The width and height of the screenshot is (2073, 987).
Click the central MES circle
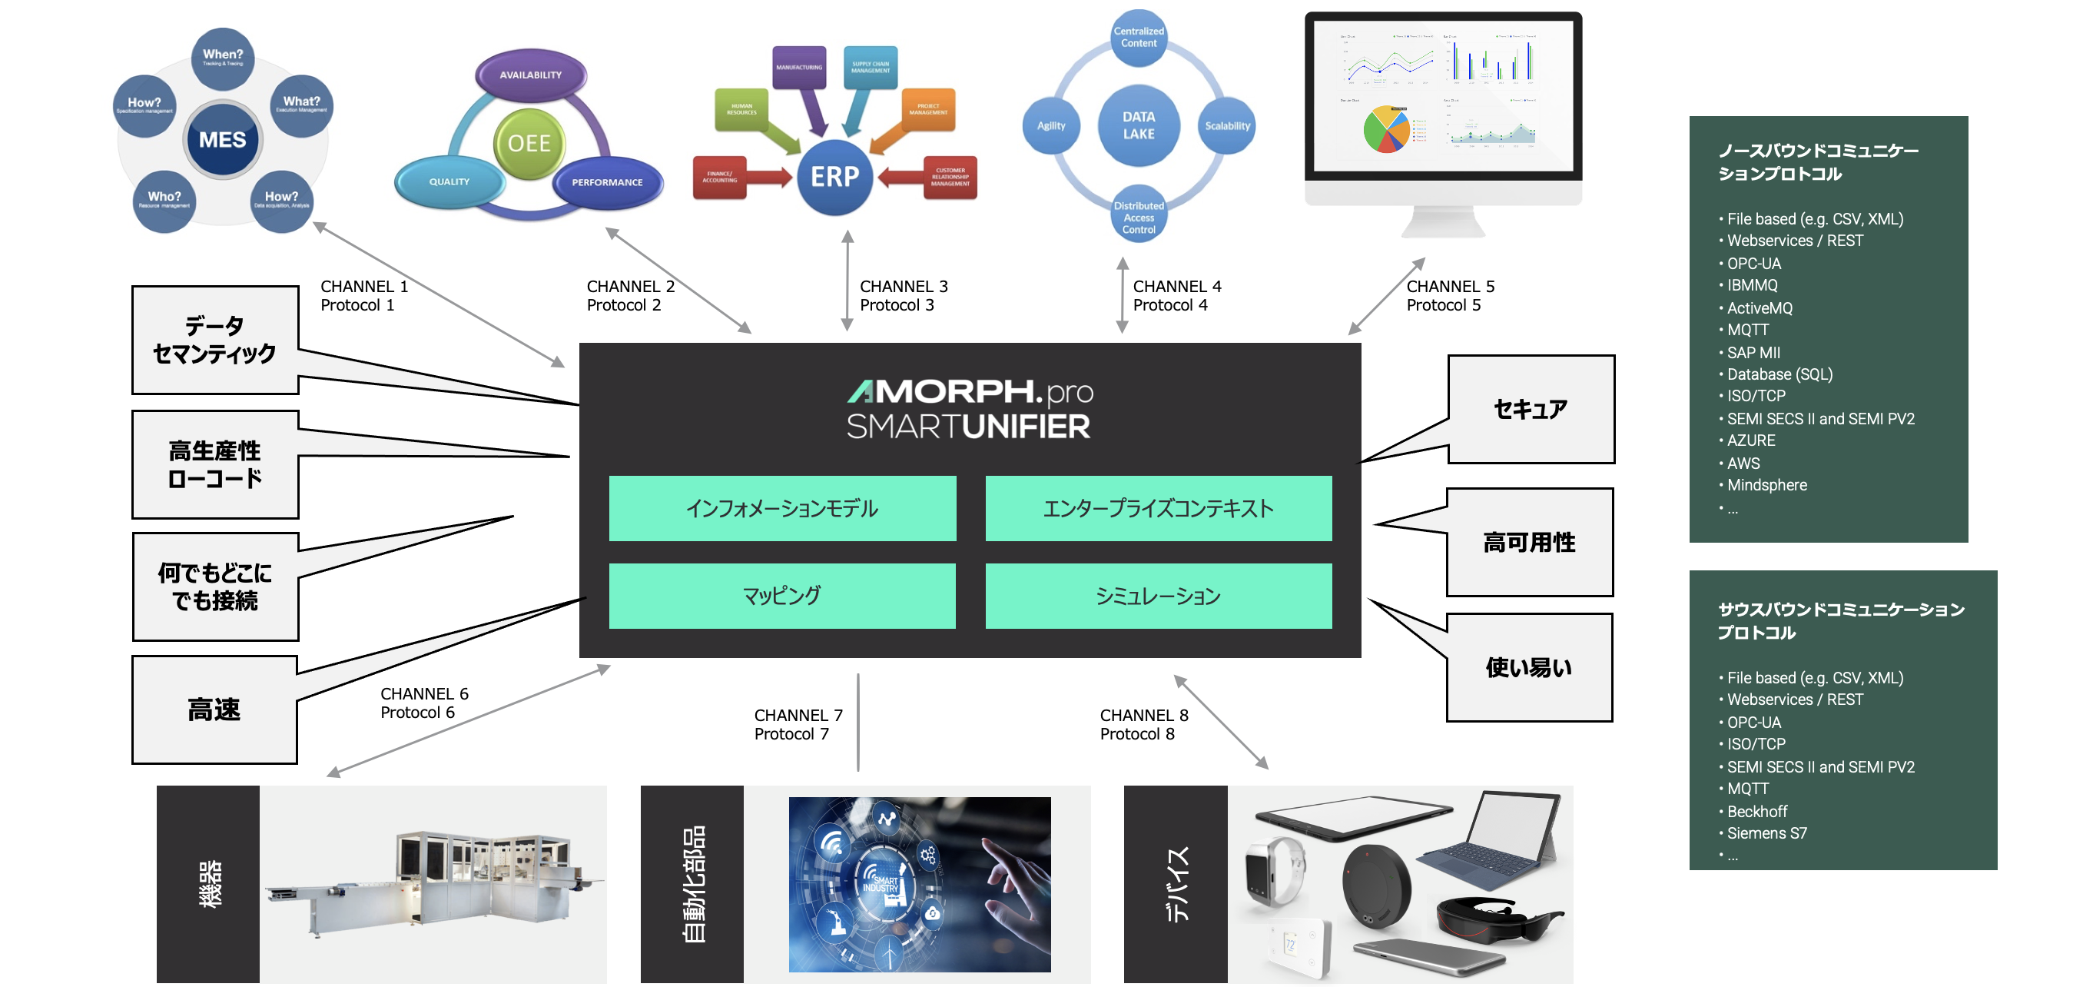coord(222,140)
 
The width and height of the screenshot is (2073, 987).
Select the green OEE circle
coord(529,143)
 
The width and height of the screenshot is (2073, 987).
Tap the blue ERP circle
coord(834,176)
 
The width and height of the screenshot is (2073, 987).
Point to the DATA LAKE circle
coord(1138,125)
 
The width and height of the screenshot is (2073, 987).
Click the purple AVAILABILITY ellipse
coord(530,75)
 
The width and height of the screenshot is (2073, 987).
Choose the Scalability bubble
coord(1227,125)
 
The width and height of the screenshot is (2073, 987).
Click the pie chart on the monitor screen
coord(1386,129)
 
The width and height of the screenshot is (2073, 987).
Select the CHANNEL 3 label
coord(903,287)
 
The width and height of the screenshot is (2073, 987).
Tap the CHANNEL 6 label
coord(424,694)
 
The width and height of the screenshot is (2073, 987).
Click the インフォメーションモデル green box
coord(782,508)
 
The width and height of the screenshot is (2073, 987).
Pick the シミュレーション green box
coord(1158,596)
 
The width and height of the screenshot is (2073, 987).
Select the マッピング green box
coord(782,596)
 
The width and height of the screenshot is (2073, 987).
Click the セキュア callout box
coord(1531,409)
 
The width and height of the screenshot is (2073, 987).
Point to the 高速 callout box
coord(214,710)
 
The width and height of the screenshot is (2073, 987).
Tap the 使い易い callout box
coord(1529,667)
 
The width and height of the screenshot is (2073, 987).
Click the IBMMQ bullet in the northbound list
coord(1752,285)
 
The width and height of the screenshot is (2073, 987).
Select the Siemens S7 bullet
coord(1766,833)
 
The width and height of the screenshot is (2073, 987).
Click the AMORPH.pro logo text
coord(970,392)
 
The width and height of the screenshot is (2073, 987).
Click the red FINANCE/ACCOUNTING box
coord(719,177)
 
